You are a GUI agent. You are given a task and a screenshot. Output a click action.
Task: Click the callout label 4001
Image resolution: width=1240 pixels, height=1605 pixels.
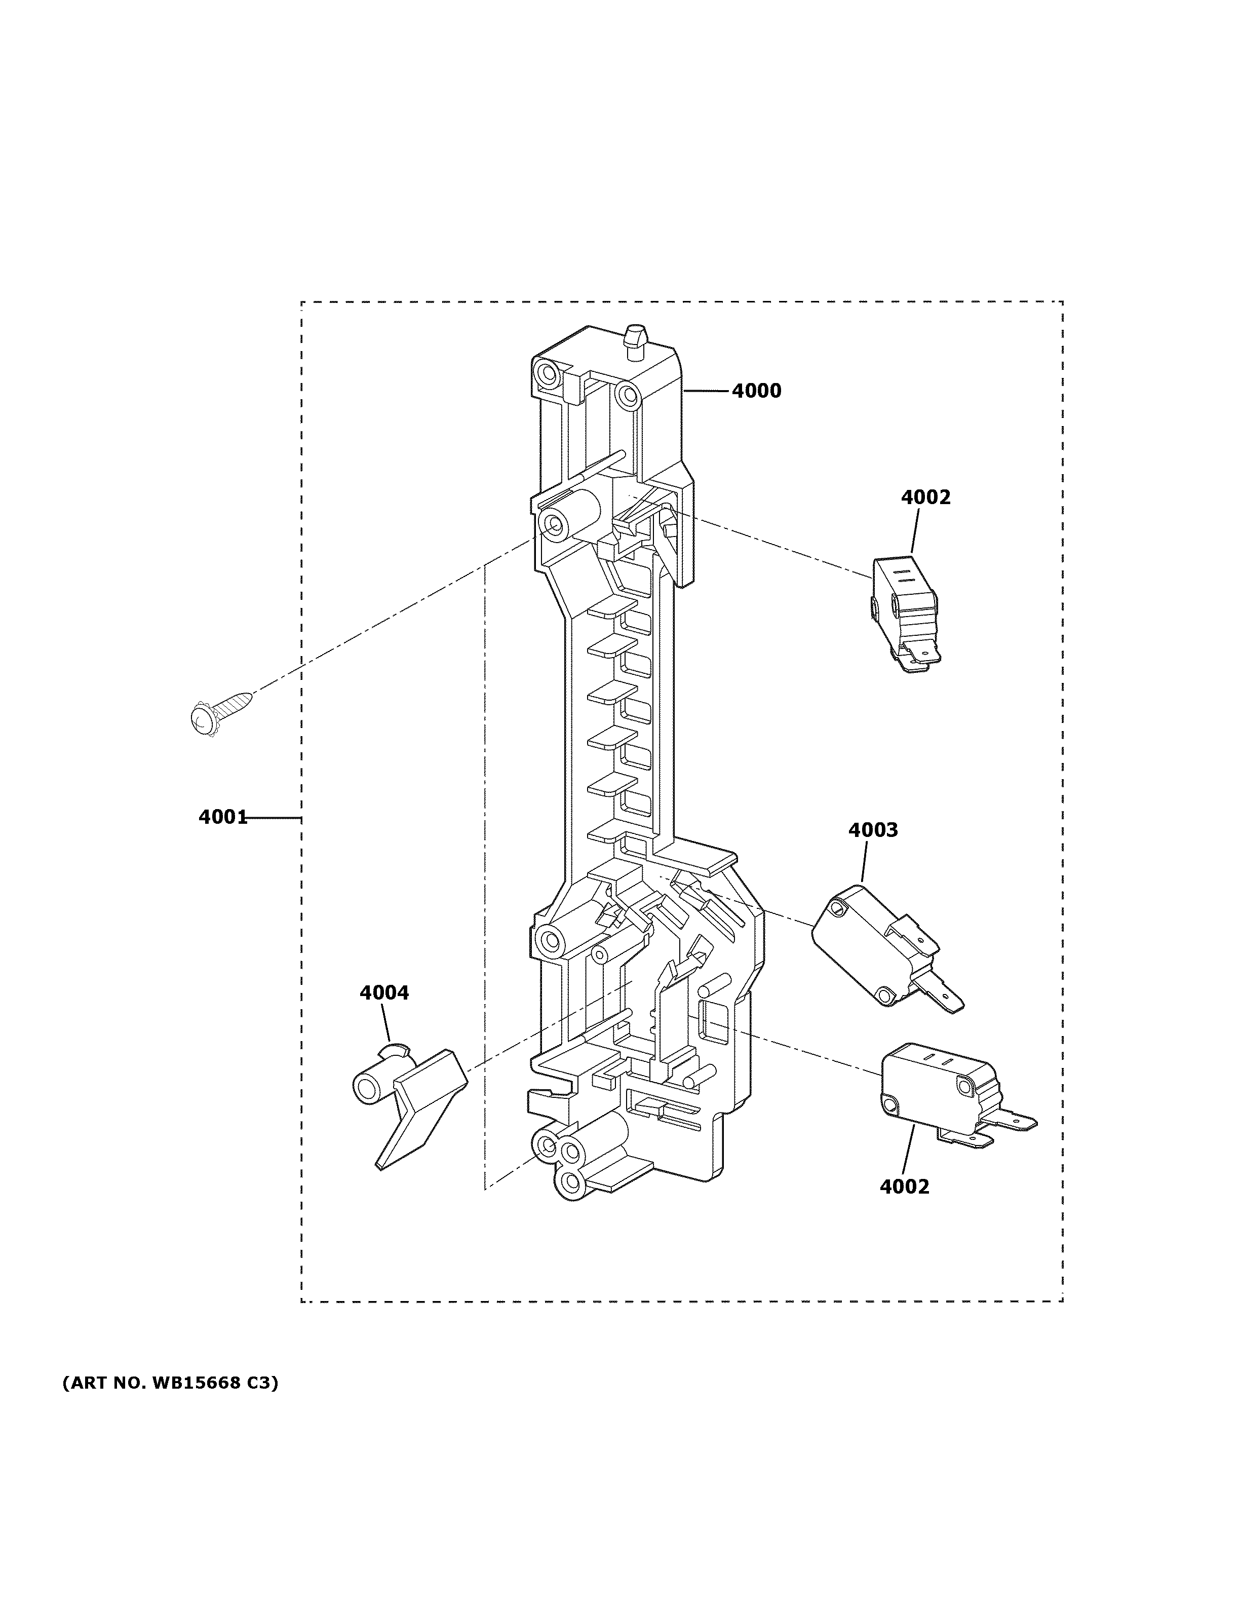(222, 817)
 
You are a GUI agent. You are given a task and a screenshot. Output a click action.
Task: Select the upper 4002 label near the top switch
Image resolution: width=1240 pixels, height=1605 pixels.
(925, 498)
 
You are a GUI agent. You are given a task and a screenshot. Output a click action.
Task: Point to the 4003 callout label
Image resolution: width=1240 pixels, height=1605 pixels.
(873, 830)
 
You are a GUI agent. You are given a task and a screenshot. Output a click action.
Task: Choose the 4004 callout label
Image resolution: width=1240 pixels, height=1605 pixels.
(383, 993)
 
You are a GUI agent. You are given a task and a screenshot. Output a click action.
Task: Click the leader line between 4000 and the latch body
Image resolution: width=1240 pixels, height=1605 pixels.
(707, 391)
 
